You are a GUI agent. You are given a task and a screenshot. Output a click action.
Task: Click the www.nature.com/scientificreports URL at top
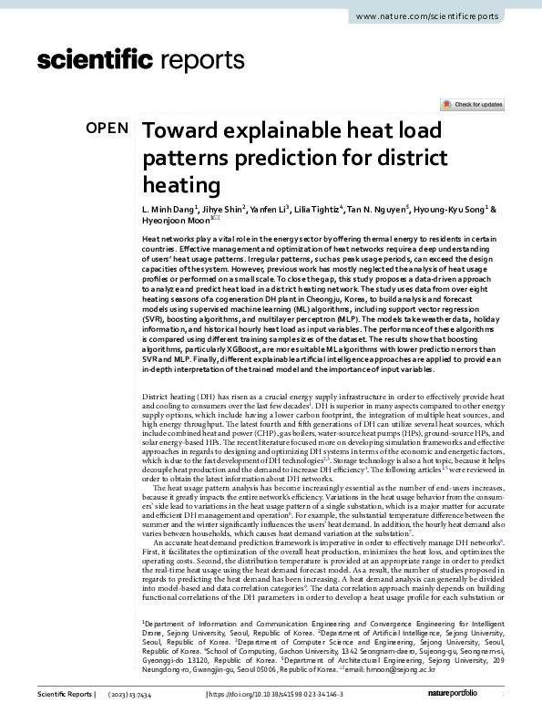click(439, 17)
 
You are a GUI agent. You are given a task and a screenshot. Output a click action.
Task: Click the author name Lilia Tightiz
click(317, 209)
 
